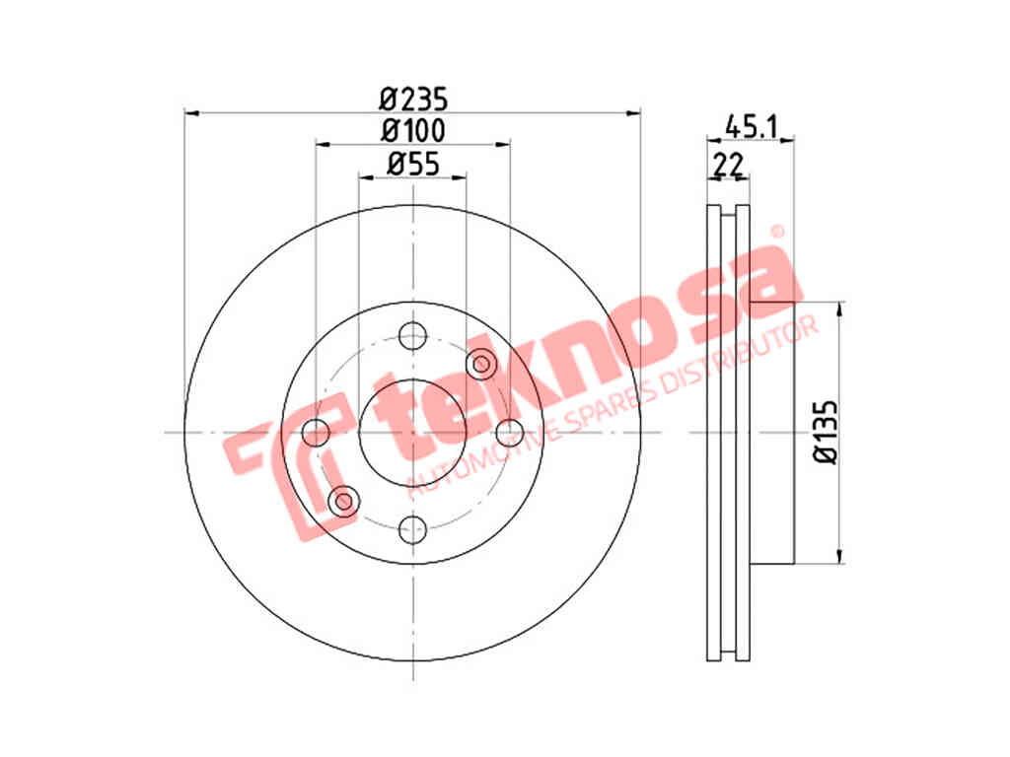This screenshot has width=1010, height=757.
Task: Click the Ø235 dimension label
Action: click(x=413, y=100)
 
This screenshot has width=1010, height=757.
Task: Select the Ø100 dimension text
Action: click(x=413, y=131)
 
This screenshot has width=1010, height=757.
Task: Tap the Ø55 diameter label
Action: click(x=413, y=164)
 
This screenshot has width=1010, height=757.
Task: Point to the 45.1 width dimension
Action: click(x=753, y=125)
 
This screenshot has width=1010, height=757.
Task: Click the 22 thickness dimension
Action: click(x=728, y=165)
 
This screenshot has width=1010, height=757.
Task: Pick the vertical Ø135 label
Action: click(x=826, y=432)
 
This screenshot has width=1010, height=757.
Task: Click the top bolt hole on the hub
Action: click(x=413, y=335)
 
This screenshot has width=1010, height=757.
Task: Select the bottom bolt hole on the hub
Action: click(x=413, y=529)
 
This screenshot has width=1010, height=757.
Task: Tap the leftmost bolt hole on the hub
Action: click(x=316, y=432)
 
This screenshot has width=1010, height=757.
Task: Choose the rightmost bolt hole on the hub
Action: click(x=510, y=432)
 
